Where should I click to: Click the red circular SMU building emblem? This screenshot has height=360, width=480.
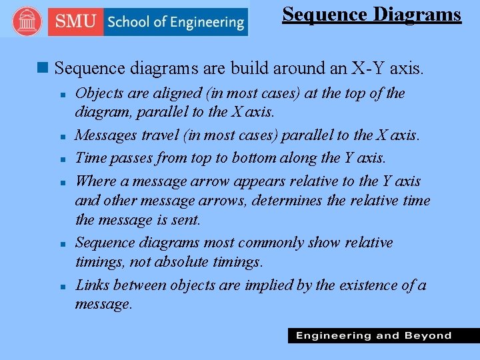coord(27,22)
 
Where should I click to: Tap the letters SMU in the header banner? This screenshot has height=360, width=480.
coord(75,22)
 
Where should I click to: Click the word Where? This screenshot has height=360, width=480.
coord(96,181)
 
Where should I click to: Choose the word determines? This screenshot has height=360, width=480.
coord(287,200)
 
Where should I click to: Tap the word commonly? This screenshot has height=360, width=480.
coord(266,243)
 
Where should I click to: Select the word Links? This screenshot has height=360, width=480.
coord(92,285)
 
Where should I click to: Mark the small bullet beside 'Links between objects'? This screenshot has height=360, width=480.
coord(62,286)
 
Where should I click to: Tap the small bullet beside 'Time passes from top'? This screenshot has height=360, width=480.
coord(62,159)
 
